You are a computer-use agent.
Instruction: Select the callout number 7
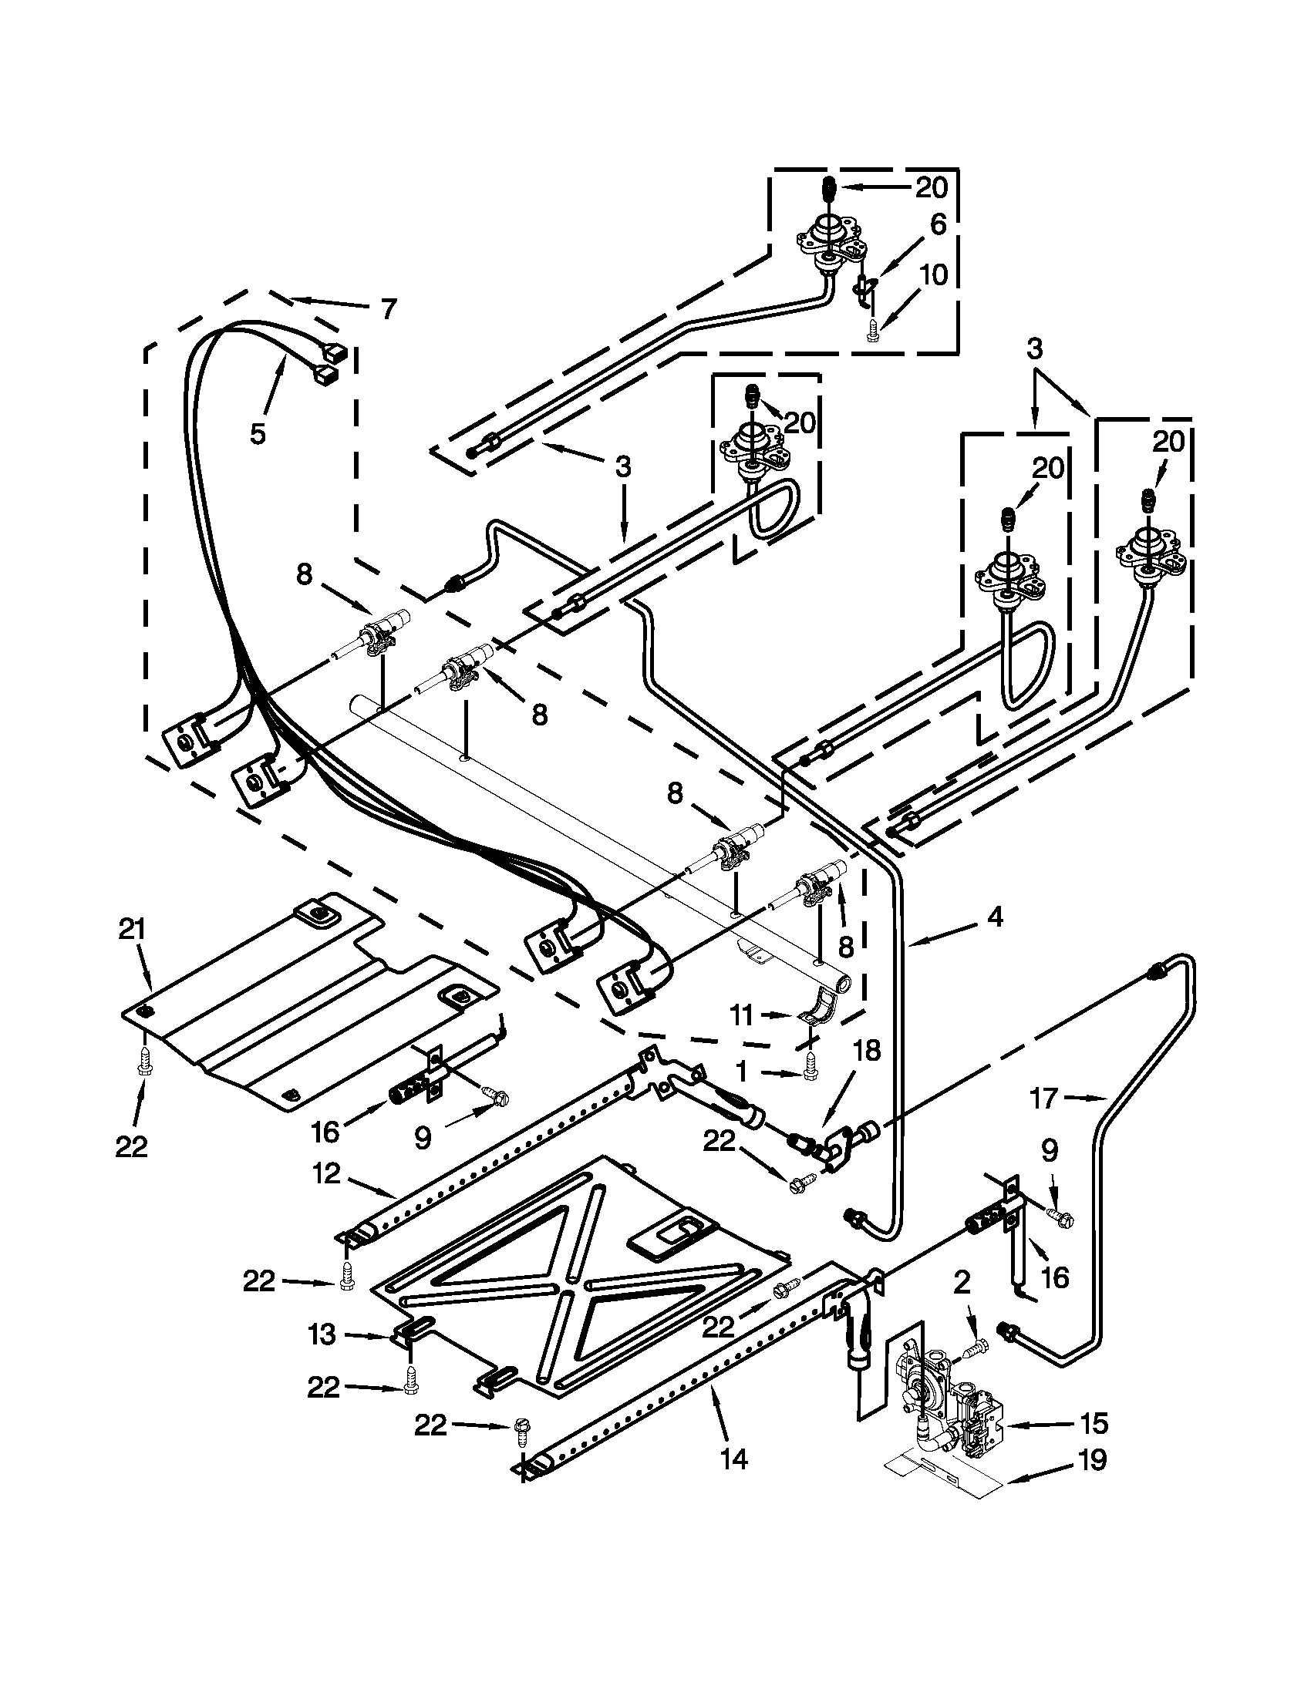(389, 309)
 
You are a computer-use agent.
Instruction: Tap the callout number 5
(258, 432)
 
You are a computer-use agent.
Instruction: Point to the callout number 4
(995, 917)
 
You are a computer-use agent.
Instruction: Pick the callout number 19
(1092, 1460)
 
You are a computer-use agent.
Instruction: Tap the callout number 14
(733, 1459)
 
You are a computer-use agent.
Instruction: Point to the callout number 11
(742, 1015)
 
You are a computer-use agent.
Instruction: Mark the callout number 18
(868, 1051)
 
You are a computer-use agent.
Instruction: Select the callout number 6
(939, 225)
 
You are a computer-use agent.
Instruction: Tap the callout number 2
(962, 1283)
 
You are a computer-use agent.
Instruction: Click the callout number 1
(742, 1072)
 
